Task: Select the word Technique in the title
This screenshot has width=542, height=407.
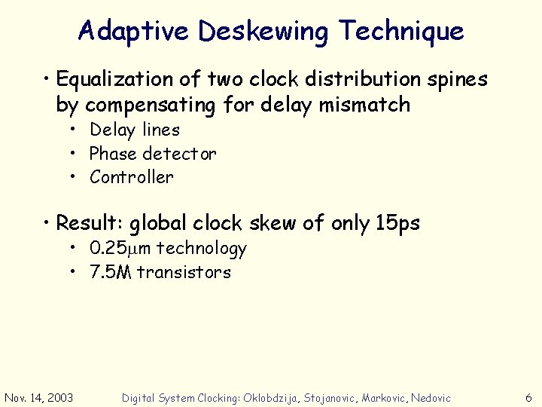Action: pos(400,32)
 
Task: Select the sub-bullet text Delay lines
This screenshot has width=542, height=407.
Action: pos(135,130)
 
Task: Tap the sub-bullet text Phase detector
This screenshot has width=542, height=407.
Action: pos(153,154)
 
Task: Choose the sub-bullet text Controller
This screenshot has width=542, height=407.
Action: pos(131,177)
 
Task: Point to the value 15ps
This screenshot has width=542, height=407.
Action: pos(397,224)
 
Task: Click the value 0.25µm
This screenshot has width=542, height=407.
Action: pos(120,248)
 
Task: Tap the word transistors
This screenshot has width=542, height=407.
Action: pos(184,272)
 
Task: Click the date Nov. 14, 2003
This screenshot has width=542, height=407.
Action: pos(39,397)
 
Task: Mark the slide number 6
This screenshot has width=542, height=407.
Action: pos(528,397)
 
